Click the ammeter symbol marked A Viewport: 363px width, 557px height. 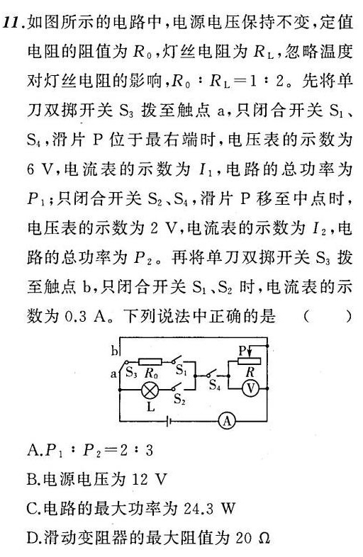click(227, 422)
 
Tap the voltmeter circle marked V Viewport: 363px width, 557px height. click(251, 388)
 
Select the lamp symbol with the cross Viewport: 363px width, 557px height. click(150, 390)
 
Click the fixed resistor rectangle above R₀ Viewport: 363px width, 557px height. click(150, 361)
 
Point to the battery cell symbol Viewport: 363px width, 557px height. click(169, 422)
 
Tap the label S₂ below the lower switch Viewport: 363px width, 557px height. click(179, 400)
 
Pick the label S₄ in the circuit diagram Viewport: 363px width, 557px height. click(215, 384)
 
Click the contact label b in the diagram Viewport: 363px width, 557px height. click(114, 351)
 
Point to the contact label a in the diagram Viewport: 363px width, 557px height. click(113, 373)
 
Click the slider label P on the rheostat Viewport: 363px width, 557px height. click(242, 351)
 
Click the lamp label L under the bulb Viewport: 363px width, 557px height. click(151, 406)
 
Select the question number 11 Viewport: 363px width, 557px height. click(13, 23)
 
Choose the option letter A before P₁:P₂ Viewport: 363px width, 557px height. click(33, 451)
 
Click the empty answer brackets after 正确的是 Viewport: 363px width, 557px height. click(328, 316)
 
